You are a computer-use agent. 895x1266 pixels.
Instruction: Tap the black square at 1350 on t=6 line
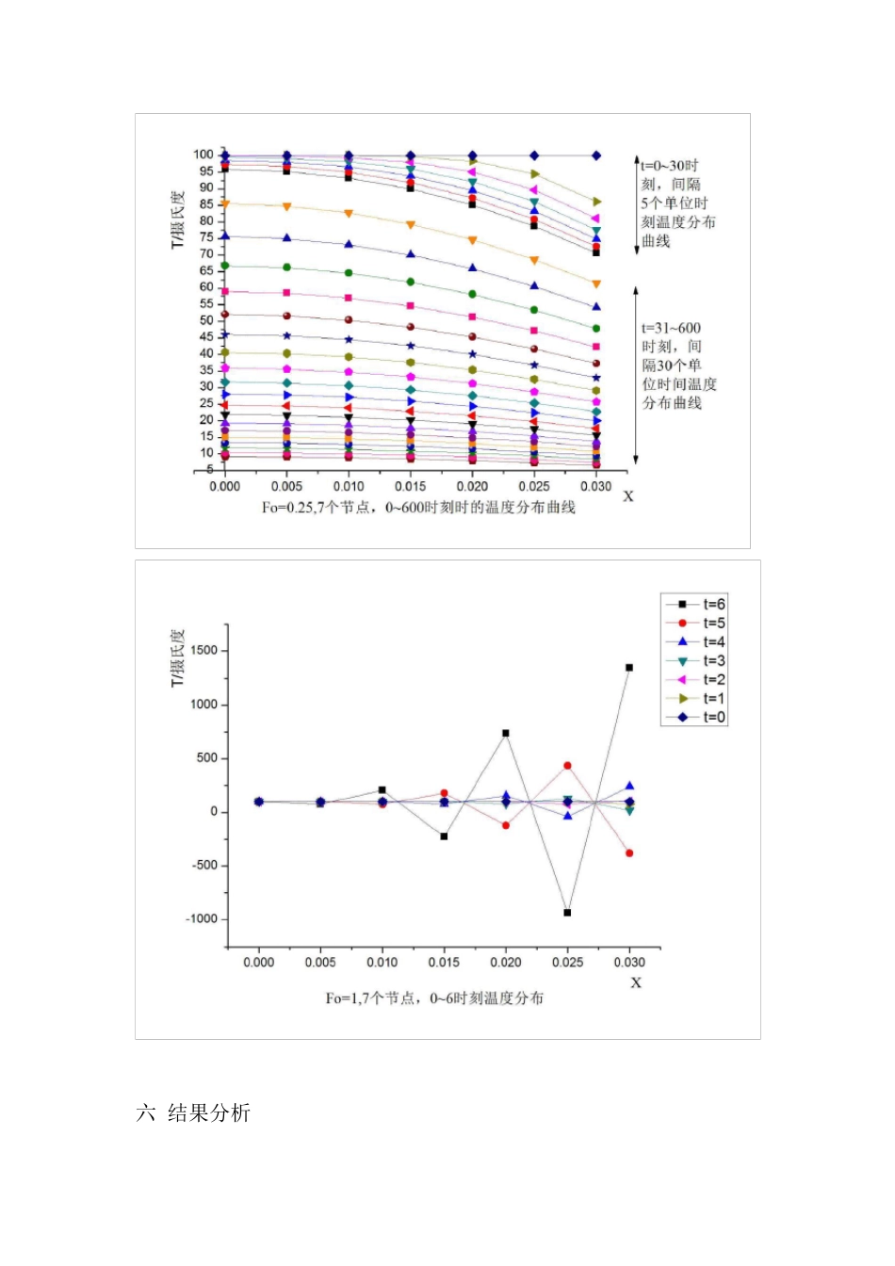pyautogui.click(x=629, y=667)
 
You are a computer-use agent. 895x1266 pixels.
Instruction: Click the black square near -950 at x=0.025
pyautogui.click(x=567, y=912)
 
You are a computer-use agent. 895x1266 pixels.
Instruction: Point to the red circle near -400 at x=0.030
pyautogui.click(x=629, y=853)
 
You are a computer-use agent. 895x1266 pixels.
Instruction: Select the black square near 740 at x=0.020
pyautogui.click(x=506, y=733)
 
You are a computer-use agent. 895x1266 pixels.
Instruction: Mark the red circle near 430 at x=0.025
pyautogui.click(x=567, y=766)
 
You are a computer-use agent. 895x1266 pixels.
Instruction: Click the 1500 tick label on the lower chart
pyautogui.click(x=204, y=651)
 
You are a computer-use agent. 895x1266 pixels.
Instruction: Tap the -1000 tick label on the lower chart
pyautogui.click(x=202, y=918)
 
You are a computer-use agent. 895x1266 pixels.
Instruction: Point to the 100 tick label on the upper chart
pyautogui.click(x=204, y=154)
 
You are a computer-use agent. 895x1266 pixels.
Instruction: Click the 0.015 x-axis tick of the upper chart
pyautogui.click(x=410, y=486)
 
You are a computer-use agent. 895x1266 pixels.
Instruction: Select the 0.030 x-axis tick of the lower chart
pyautogui.click(x=629, y=962)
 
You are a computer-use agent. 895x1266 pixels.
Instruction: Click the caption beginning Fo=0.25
pyautogui.click(x=418, y=507)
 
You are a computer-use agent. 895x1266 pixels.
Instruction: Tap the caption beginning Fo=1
pyautogui.click(x=434, y=998)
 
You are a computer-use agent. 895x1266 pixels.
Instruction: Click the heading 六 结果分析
pyautogui.click(x=193, y=1112)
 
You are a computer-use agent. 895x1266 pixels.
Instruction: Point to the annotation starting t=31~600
pyautogui.click(x=679, y=365)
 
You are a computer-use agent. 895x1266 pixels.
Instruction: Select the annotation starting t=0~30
pyautogui.click(x=678, y=203)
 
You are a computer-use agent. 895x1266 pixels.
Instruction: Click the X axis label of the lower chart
pyautogui.click(x=636, y=982)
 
